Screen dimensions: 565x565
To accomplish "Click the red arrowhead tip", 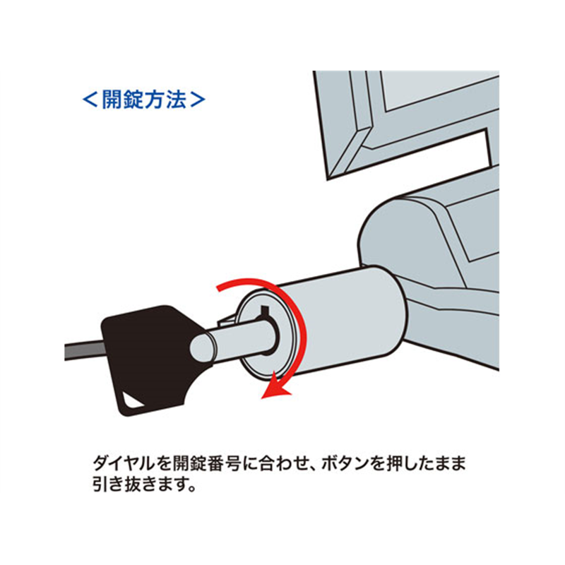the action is click(x=261, y=398).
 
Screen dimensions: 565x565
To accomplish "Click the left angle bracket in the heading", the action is click(x=90, y=100).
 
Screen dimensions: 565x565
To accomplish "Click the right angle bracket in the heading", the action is click(x=197, y=100).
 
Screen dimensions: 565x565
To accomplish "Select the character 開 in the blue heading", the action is click(x=112, y=100).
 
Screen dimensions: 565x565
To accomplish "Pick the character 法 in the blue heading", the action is click(x=176, y=100).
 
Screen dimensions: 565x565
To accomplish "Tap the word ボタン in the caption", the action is click(x=345, y=463).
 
